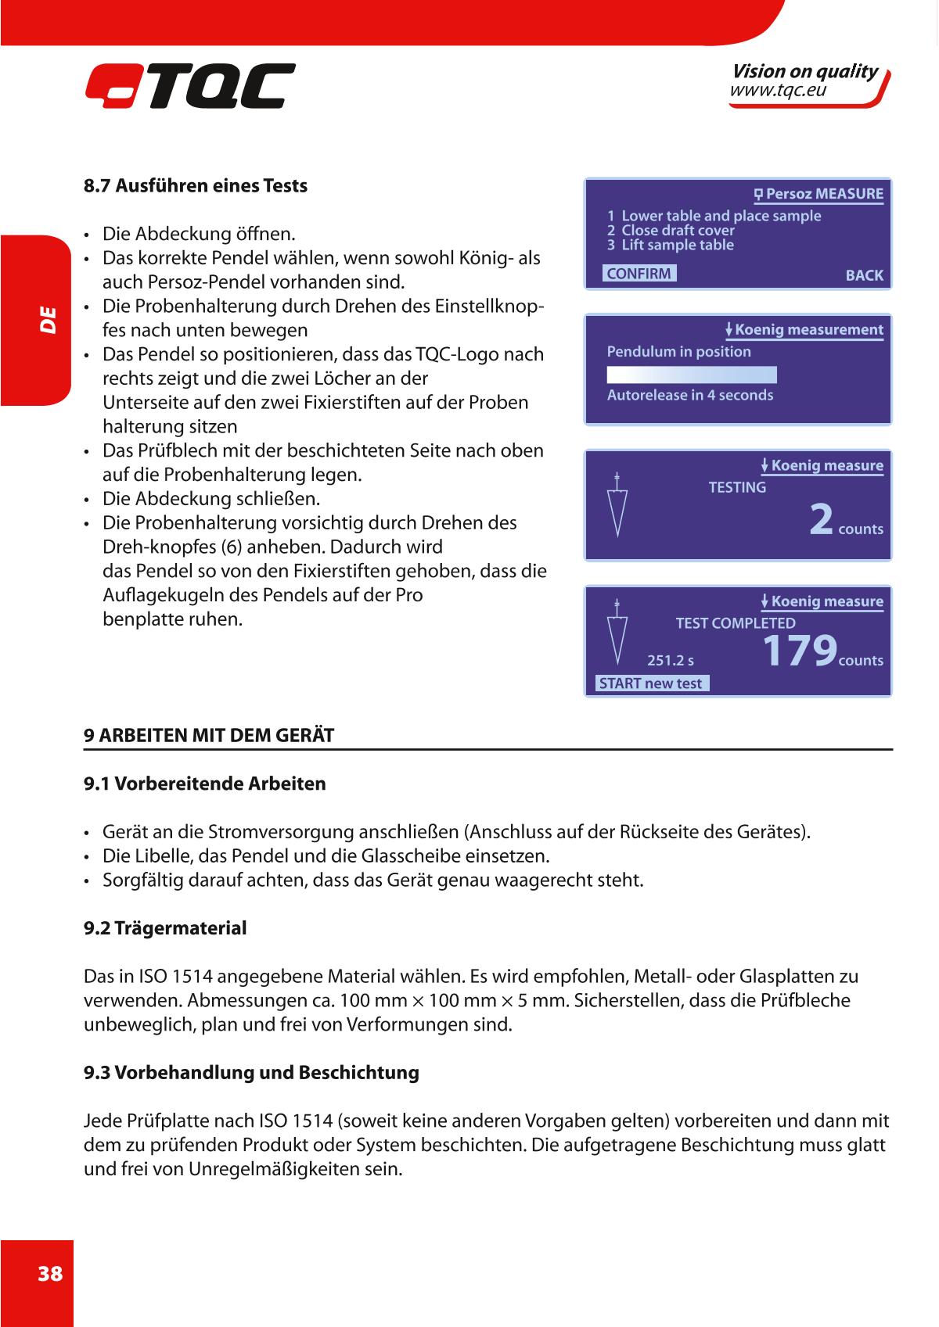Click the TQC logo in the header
(190, 86)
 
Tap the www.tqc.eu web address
(778, 91)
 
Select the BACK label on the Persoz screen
(864, 275)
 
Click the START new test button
(652, 683)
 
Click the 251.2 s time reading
(671, 661)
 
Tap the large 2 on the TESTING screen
(822, 520)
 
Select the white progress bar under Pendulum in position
(692, 374)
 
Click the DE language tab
(48, 320)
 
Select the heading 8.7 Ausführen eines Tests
(196, 186)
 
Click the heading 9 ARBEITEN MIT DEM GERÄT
(209, 735)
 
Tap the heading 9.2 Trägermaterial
(165, 928)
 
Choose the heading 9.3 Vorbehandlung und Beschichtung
(251, 1072)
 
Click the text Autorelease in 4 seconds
(690, 395)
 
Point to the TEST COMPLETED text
(736, 623)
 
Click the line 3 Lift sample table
(671, 245)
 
